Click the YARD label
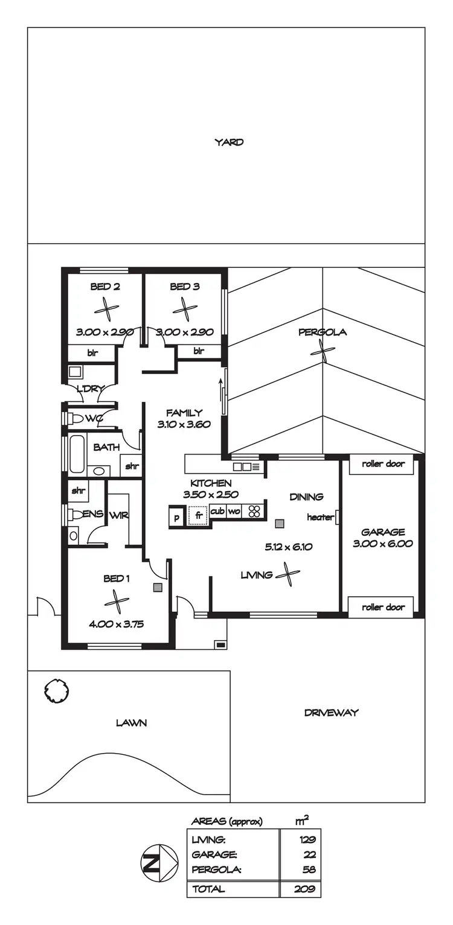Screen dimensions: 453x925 [229, 142]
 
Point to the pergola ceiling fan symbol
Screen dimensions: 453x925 [323, 351]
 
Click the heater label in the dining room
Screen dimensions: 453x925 [320, 517]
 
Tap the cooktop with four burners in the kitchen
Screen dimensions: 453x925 [254, 512]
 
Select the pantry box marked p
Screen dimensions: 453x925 [177, 518]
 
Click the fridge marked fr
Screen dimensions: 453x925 [198, 517]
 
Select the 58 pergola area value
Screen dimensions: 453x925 [308, 869]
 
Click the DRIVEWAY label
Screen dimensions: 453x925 [331, 713]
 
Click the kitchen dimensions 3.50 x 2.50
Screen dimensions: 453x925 [211, 494]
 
